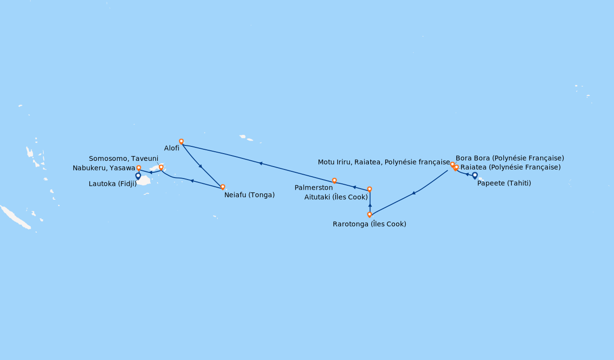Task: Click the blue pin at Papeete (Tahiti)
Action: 475,175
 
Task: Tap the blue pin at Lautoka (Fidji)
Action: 138,176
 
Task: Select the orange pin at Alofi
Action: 181,141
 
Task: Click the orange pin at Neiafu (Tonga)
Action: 223,187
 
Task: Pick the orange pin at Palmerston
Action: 334,180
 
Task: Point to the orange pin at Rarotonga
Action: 369,214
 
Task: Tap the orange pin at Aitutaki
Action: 369,189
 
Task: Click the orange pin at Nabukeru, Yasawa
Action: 139,168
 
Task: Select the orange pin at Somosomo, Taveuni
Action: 161,167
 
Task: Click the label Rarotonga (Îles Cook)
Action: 369,224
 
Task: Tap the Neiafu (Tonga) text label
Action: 249,195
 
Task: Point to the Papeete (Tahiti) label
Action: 504,183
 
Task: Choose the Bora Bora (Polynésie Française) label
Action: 510,158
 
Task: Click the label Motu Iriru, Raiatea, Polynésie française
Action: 384,162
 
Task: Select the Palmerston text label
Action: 314,188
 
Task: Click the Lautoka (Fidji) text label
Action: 113,184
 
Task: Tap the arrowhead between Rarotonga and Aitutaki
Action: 370,205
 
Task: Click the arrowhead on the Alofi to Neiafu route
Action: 201,166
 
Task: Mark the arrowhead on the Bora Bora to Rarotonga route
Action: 413,193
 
